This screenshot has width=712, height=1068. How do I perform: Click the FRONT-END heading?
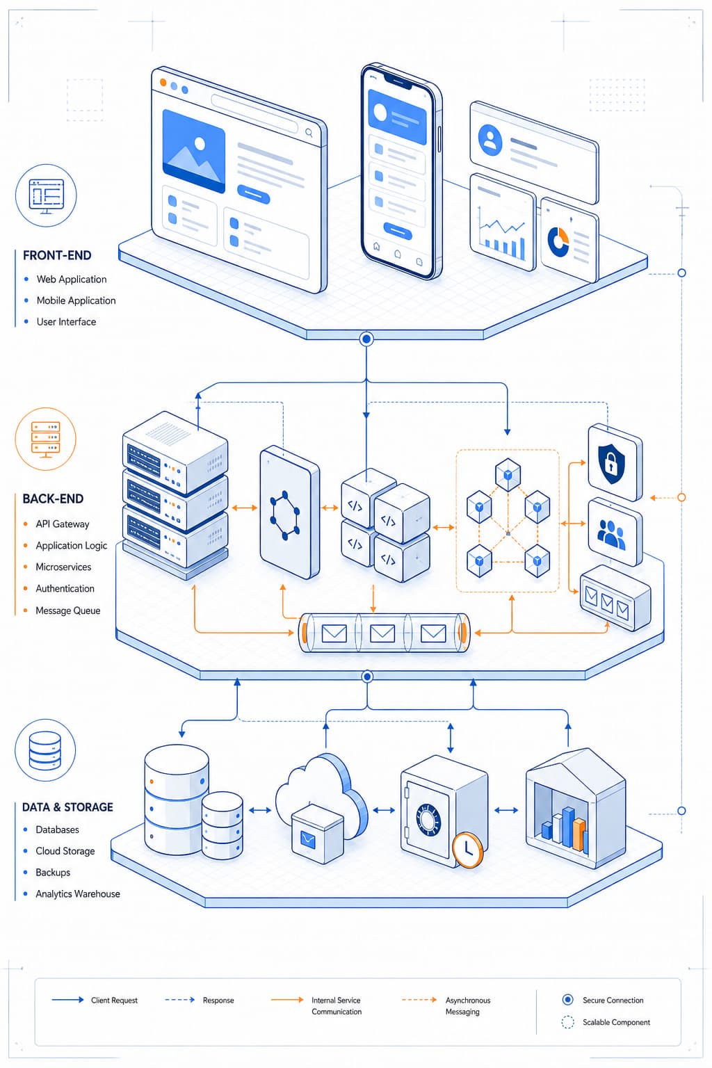[57, 256]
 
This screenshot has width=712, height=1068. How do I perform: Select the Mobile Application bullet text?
[76, 300]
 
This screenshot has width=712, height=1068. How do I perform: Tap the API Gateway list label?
[63, 524]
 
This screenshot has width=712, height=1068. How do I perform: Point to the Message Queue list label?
[67, 610]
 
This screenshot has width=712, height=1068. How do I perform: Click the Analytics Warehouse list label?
[78, 894]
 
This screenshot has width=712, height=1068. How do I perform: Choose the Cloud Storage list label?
[65, 851]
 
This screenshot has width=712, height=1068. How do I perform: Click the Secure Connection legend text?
[613, 1001]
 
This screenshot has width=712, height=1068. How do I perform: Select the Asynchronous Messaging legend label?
[467, 1006]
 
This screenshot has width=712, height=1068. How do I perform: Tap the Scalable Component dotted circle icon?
[567, 1022]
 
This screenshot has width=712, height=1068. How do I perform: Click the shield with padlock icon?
[611, 464]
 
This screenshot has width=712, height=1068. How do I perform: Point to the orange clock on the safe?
[467, 850]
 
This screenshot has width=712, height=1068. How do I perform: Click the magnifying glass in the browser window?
[309, 133]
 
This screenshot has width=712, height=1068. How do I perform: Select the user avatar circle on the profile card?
[490, 140]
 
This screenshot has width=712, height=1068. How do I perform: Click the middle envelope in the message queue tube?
[382, 633]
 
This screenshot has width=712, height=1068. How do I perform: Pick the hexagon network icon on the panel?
[284, 515]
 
